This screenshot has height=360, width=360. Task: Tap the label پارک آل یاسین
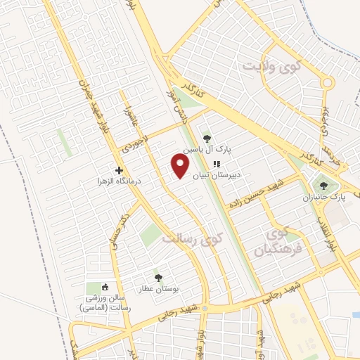click(x=207, y=150)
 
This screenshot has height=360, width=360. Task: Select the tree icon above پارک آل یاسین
click(x=206, y=139)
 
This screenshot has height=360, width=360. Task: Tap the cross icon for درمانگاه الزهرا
click(x=120, y=170)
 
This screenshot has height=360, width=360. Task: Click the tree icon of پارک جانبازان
click(x=323, y=186)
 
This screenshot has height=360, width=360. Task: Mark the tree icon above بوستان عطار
click(x=158, y=278)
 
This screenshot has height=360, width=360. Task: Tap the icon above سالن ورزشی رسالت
click(x=105, y=287)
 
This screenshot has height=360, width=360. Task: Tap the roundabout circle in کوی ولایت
click(x=327, y=83)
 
